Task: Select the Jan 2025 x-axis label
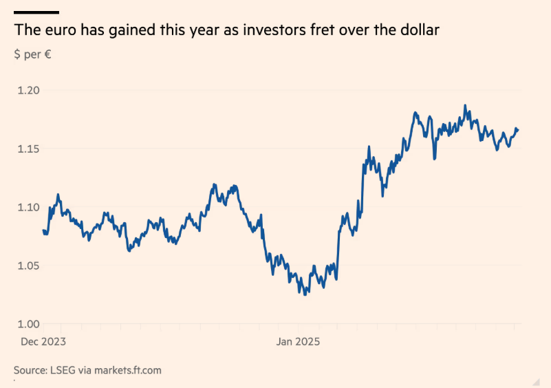coord(298,341)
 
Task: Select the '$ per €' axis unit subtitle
coord(32,54)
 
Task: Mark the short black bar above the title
coord(36,12)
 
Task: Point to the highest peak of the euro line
coord(466,105)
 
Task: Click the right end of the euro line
coord(518,129)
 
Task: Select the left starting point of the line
coord(43,230)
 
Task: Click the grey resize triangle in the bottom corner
coord(536,380)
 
